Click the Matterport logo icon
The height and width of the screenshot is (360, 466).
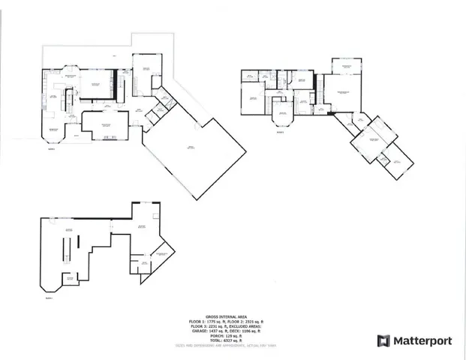tap(383, 341)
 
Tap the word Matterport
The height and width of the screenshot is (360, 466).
tap(422, 341)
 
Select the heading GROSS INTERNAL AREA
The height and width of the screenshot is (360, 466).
tap(226, 316)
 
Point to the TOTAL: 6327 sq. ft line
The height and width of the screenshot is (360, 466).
tap(226, 340)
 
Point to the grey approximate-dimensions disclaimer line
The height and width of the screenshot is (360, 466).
tap(226, 346)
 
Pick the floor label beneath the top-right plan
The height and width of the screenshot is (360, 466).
tap(280, 133)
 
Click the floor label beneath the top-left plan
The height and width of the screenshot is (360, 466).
tap(51, 148)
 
